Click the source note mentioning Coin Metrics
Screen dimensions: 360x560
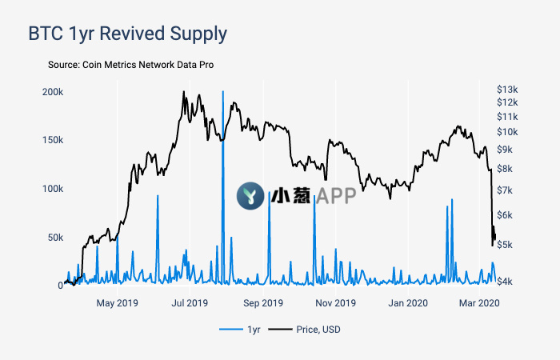pyautogui.click(x=130, y=64)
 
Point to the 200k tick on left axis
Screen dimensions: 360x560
pyautogui.click(x=52, y=92)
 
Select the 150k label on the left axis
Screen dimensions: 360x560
pyautogui.click(x=52, y=140)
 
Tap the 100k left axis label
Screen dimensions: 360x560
pyautogui.click(x=52, y=189)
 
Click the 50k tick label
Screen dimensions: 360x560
pyautogui.click(x=54, y=238)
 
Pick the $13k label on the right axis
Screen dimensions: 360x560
pyautogui.click(x=506, y=89)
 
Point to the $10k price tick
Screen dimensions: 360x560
pyautogui.click(x=506, y=131)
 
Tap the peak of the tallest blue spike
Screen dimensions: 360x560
pyautogui.click(x=222, y=92)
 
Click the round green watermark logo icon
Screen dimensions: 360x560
pyautogui.click(x=250, y=195)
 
